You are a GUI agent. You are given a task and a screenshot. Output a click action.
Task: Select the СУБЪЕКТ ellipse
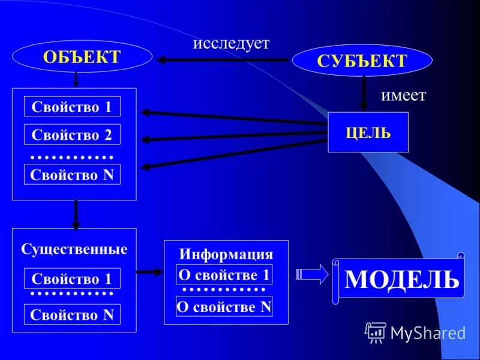pyautogui.click(x=361, y=61)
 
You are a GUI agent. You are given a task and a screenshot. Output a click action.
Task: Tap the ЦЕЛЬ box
pyautogui.click(x=368, y=132)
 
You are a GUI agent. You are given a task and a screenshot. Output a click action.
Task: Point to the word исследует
pyautogui.click(x=231, y=43)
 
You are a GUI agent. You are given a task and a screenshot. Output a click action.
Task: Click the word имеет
pyautogui.click(x=403, y=95)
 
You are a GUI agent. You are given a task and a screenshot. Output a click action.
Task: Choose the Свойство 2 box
pyautogui.click(x=72, y=134)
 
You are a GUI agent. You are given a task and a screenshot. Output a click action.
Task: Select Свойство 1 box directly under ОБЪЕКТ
pyautogui.click(x=72, y=106)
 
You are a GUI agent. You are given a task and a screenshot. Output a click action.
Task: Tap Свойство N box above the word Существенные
pyautogui.click(x=72, y=175)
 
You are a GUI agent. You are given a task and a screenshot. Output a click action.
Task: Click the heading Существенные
pyautogui.click(x=74, y=248)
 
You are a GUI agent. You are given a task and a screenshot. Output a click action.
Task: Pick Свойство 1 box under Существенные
pyautogui.click(x=72, y=278)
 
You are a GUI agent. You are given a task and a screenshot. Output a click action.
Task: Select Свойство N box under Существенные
pyautogui.click(x=72, y=314)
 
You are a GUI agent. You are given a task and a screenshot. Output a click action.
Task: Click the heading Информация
pyautogui.click(x=226, y=253)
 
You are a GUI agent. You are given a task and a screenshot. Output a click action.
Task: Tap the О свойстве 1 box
pyautogui.click(x=224, y=274)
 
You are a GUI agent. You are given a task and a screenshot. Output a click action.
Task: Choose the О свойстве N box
pyautogui.click(x=224, y=307)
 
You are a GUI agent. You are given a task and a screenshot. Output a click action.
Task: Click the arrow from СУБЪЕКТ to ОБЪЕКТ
pyautogui.click(x=222, y=60)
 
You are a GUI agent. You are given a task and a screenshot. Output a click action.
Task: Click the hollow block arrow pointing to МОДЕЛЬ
pyautogui.click(x=312, y=274)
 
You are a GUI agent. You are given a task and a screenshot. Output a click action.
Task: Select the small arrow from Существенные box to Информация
pyautogui.click(x=149, y=272)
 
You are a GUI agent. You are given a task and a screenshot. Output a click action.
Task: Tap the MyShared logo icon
pyautogui.click(x=376, y=332)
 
